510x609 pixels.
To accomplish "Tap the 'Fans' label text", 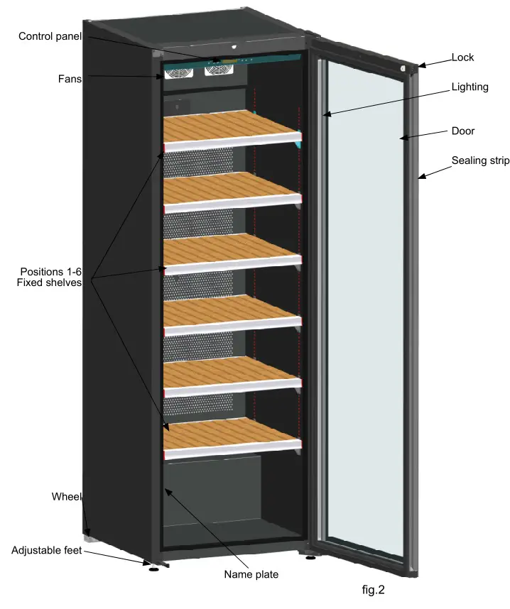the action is [69, 79].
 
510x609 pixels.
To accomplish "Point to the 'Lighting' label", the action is [470, 87].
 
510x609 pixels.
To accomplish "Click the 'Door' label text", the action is [462, 131].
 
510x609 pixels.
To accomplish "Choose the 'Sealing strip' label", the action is [480, 160].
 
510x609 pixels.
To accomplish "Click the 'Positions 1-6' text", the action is [50, 272].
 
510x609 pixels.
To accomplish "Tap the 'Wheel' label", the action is [67, 496].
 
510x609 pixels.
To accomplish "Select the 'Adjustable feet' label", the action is [47, 550].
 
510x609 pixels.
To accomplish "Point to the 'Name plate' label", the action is [251, 574].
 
